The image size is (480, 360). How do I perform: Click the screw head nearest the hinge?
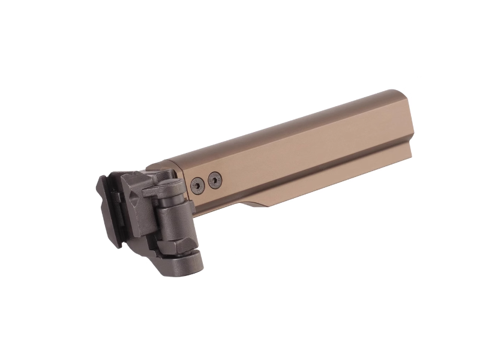197,185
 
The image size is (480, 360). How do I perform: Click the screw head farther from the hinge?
213,178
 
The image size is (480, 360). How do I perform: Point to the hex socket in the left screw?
197,185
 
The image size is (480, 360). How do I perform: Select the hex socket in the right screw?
213,178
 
